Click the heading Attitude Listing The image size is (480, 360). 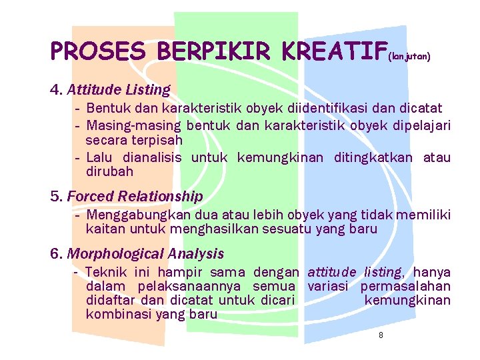tap(119, 89)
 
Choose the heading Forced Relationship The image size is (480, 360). tap(135, 197)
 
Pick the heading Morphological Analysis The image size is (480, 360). tap(145, 254)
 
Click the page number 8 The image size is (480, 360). tap(381, 335)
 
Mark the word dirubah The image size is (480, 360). tap(109, 171)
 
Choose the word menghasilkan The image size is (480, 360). tap(209, 229)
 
